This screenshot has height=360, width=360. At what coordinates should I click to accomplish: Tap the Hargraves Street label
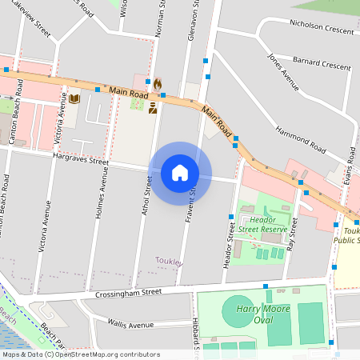click(x=81, y=162)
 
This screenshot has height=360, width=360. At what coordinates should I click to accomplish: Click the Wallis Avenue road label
click(x=129, y=325)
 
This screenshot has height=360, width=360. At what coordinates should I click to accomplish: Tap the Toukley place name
click(x=169, y=262)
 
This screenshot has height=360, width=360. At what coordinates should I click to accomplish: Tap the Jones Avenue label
click(x=278, y=68)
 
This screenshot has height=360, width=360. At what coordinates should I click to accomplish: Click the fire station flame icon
click(x=158, y=83)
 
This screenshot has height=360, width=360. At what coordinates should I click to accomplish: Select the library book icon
click(x=74, y=99)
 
